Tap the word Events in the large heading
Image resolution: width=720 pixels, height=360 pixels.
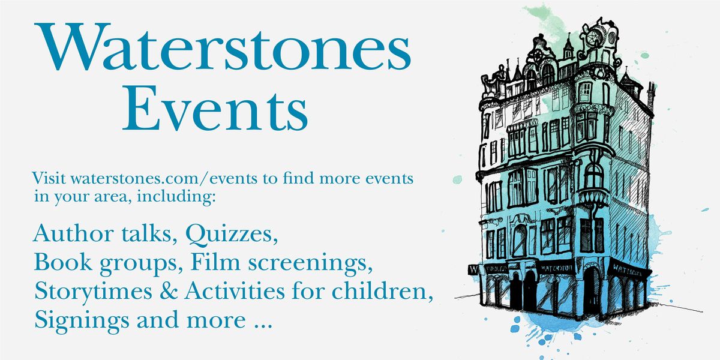215,111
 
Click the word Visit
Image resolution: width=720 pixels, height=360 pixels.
50,179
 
